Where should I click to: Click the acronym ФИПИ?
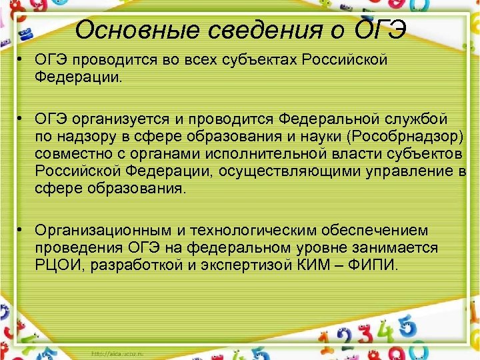(x=374, y=265)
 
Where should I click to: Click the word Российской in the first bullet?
(x=344, y=60)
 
